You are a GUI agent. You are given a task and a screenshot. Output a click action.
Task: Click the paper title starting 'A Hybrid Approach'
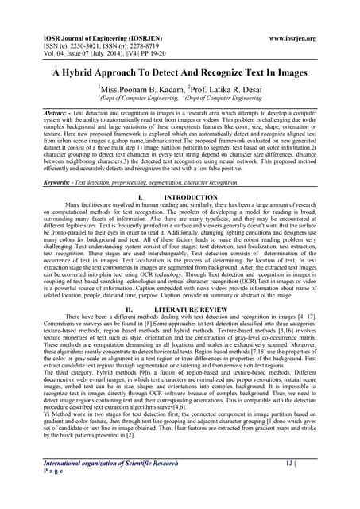(x=180, y=71)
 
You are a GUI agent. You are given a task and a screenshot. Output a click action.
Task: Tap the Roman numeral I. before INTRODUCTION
(x=140, y=195)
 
